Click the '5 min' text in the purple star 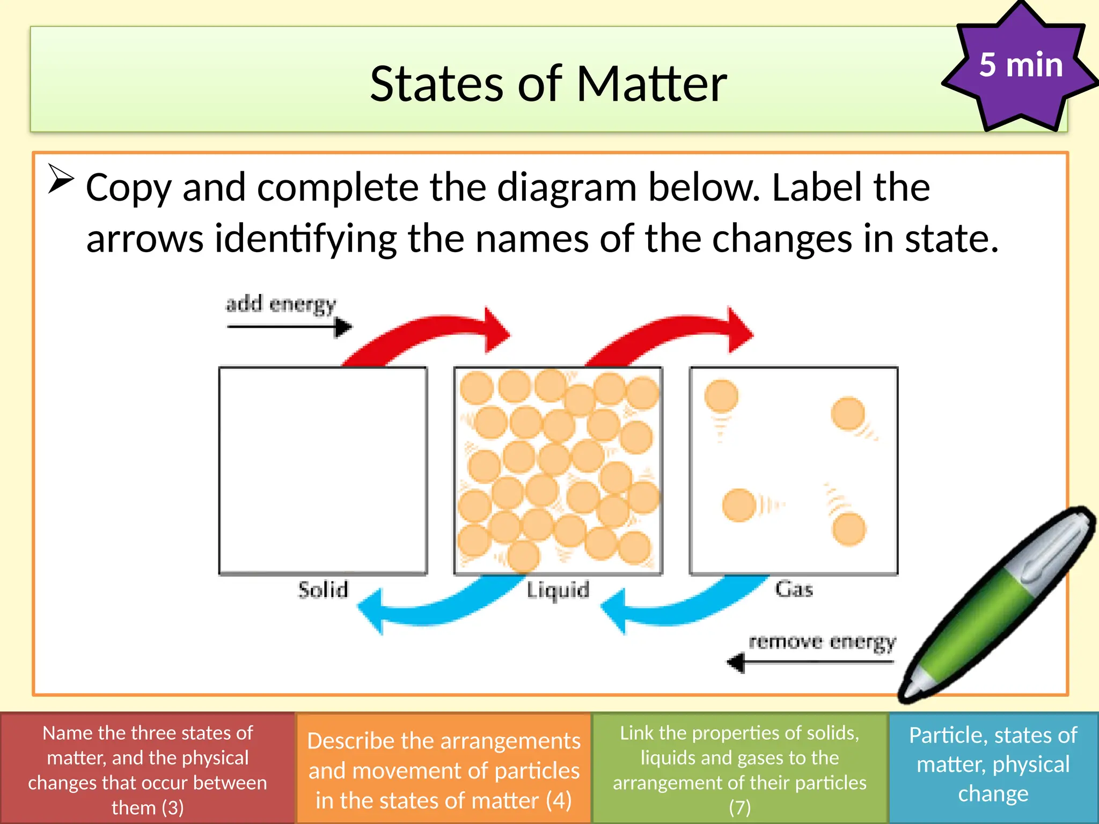point(1021,65)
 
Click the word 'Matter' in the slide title point(651,84)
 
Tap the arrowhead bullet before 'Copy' point(61,179)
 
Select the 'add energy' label point(281,304)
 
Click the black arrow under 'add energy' point(290,326)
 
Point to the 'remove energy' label point(822,642)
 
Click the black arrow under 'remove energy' point(810,663)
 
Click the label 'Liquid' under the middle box point(558,590)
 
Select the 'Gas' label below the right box point(794,589)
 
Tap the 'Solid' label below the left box point(323,590)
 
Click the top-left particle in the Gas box point(721,396)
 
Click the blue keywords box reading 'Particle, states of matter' point(993,764)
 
